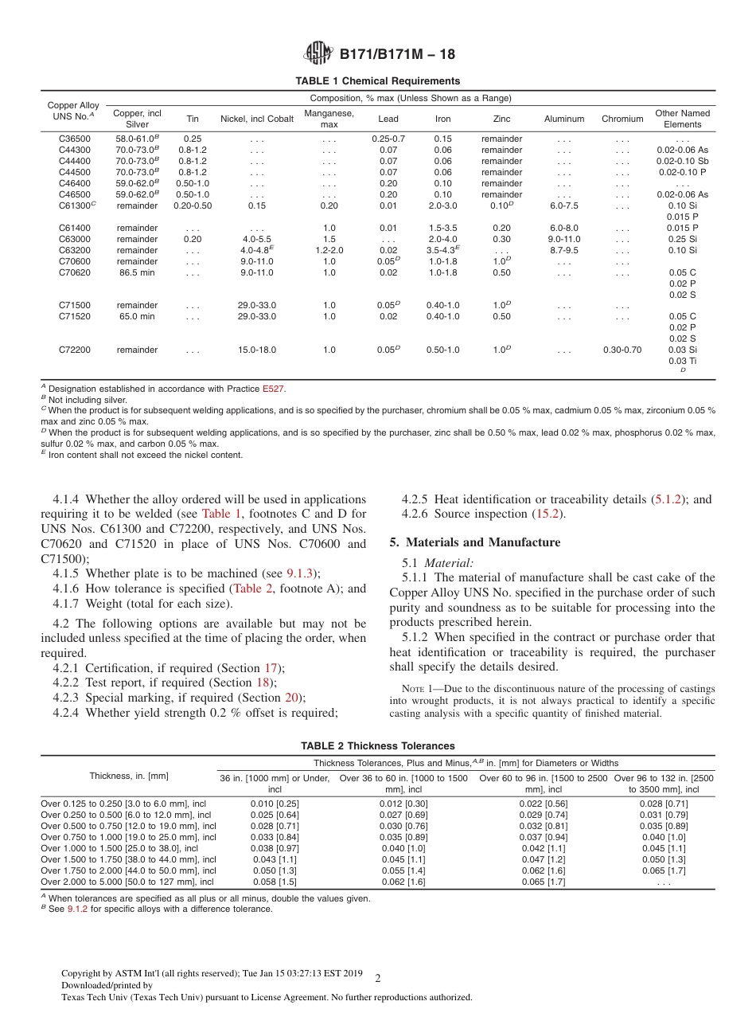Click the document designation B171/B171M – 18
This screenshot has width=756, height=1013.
pos(397,55)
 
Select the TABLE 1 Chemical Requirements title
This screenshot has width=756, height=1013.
pos(377,81)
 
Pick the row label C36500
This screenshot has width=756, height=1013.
pos(73,139)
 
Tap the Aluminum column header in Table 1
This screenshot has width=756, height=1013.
pos(563,119)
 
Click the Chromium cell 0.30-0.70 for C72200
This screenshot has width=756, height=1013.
pos(622,350)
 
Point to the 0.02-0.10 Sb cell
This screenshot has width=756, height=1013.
pos(682,161)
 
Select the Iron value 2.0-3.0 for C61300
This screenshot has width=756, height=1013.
pos(442,205)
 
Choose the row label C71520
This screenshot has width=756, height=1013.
pos(73,316)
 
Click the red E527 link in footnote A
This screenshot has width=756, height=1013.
pos(273,389)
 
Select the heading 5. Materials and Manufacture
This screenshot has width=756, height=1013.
pos(474,542)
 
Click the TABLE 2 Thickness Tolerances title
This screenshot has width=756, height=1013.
pos(377,746)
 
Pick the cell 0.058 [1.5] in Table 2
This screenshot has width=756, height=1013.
pos(275,882)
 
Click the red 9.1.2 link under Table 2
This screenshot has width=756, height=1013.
pos(77,909)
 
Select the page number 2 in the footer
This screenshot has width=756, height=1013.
pos(377,979)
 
